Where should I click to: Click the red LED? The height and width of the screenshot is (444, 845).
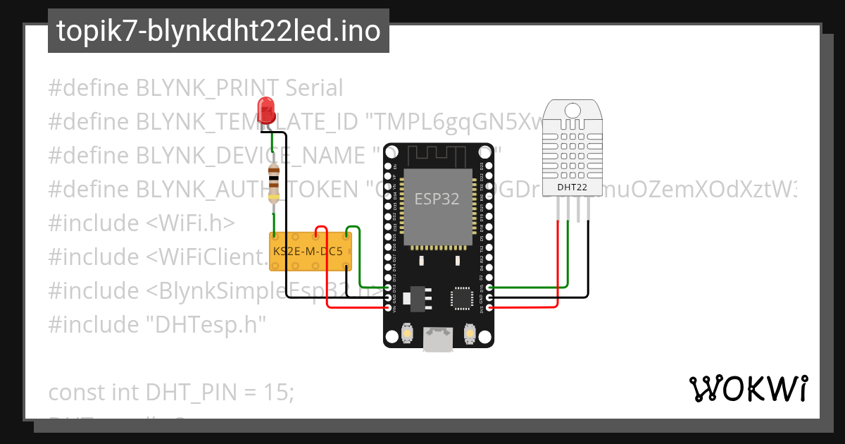tap(266, 111)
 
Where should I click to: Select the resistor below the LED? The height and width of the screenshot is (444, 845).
tap(273, 183)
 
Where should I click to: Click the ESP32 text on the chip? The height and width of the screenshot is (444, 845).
tap(437, 199)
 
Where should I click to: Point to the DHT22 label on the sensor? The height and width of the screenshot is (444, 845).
tap(571, 187)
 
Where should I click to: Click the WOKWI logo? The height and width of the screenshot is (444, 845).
tap(747, 388)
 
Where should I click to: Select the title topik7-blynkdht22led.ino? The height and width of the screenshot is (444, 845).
tap(218, 31)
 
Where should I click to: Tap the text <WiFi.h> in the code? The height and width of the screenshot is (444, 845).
tap(190, 223)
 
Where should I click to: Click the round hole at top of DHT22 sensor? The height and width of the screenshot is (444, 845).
tap(571, 110)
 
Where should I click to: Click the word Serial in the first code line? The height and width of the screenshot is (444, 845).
tap(313, 88)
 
